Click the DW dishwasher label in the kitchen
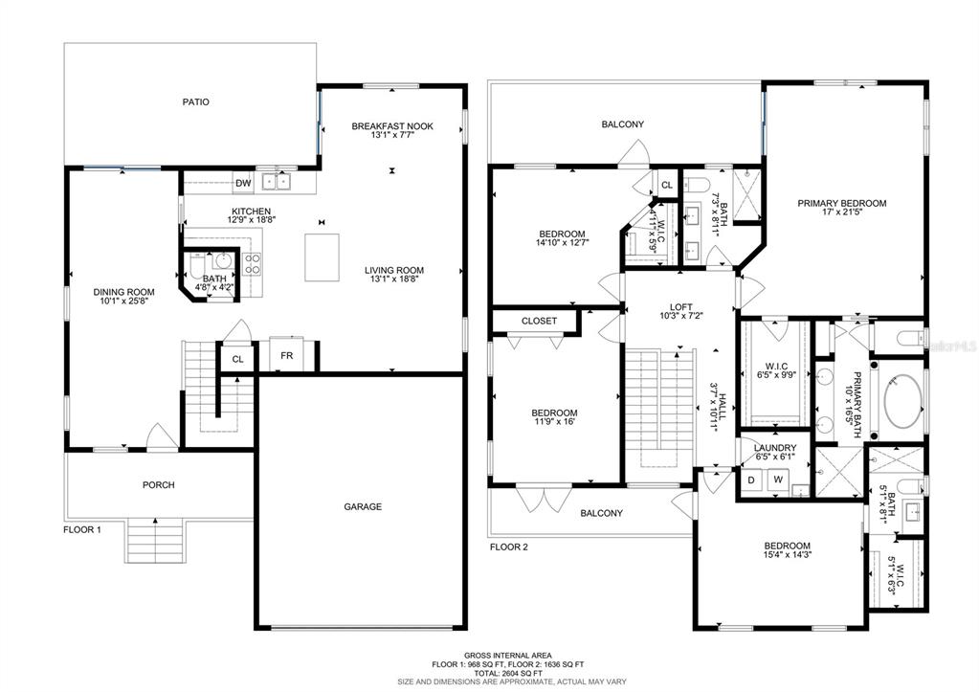pos(243,183)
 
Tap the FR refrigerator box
pos(286,355)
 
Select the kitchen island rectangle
pos(323,257)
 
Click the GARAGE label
pos(363,506)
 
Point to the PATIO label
pos(195,101)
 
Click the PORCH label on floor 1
pos(159,484)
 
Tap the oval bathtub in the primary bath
pos(903,401)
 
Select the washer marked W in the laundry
pos(778,480)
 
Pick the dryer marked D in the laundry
pos(752,480)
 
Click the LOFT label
pos(681,307)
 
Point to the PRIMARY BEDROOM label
pos(841,203)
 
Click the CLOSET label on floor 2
pos(539,321)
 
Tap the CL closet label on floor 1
pos(238,359)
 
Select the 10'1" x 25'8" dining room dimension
pos(123,301)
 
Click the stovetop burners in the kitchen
pos(252,263)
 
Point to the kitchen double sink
pos(277,182)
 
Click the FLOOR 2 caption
pos(509,547)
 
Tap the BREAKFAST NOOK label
pos(392,126)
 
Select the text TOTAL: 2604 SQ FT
pos(507,673)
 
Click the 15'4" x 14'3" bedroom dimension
pos(788,554)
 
